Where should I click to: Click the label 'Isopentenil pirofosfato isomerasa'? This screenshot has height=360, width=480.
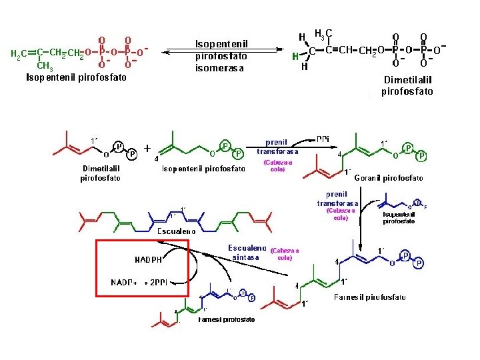point(222,55)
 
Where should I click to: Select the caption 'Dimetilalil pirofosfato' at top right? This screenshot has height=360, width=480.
point(407,86)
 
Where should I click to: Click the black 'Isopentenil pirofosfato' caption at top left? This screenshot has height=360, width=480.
point(76,77)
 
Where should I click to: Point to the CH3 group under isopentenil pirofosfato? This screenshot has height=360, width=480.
point(45,66)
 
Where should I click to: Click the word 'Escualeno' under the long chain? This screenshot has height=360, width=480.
point(176,231)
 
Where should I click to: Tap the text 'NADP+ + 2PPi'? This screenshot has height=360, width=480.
point(150,281)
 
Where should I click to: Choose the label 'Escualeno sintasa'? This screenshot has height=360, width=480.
point(247,252)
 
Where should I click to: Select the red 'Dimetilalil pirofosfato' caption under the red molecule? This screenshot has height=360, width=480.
point(100,173)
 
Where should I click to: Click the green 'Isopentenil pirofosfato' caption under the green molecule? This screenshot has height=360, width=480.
point(203,169)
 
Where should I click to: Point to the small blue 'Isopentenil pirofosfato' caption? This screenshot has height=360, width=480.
point(399,217)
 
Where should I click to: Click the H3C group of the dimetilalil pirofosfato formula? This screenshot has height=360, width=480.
point(323,33)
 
